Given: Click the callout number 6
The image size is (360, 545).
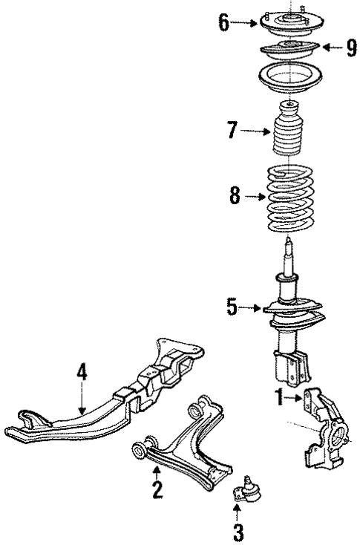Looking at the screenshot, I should (224, 23).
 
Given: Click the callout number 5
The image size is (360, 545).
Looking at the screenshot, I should (232, 307).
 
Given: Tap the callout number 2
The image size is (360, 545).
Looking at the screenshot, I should (157, 491).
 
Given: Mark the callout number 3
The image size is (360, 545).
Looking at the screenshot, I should (238, 532).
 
